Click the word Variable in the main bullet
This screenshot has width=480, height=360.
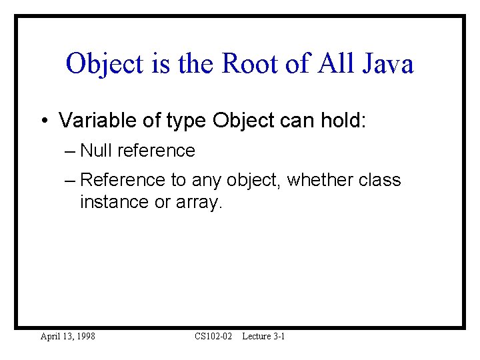(91, 121)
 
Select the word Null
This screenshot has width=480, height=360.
(96, 151)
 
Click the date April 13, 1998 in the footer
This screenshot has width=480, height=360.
(67, 337)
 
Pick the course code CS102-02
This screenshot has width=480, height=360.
(213, 337)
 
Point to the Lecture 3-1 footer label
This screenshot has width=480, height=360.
(263, 337)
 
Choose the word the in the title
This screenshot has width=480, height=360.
(197, 64)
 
